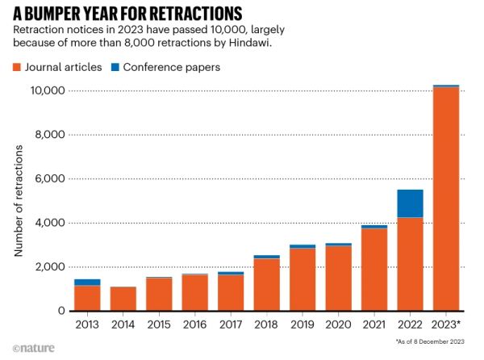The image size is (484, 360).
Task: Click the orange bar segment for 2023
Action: pyautogui.click(x=446, y=198)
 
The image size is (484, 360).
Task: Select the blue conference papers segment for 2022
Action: pyautogui.click(x=410, y=203)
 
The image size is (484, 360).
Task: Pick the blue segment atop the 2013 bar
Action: pyautogui.click(x=87, y=282)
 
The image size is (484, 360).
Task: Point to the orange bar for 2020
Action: pyautogui.click(x=338, y=278)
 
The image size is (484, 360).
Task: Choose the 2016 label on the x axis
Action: pyautogui.click(x=194, y=324)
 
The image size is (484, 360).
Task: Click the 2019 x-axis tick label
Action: pyautogui.click(x=302, y=324)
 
